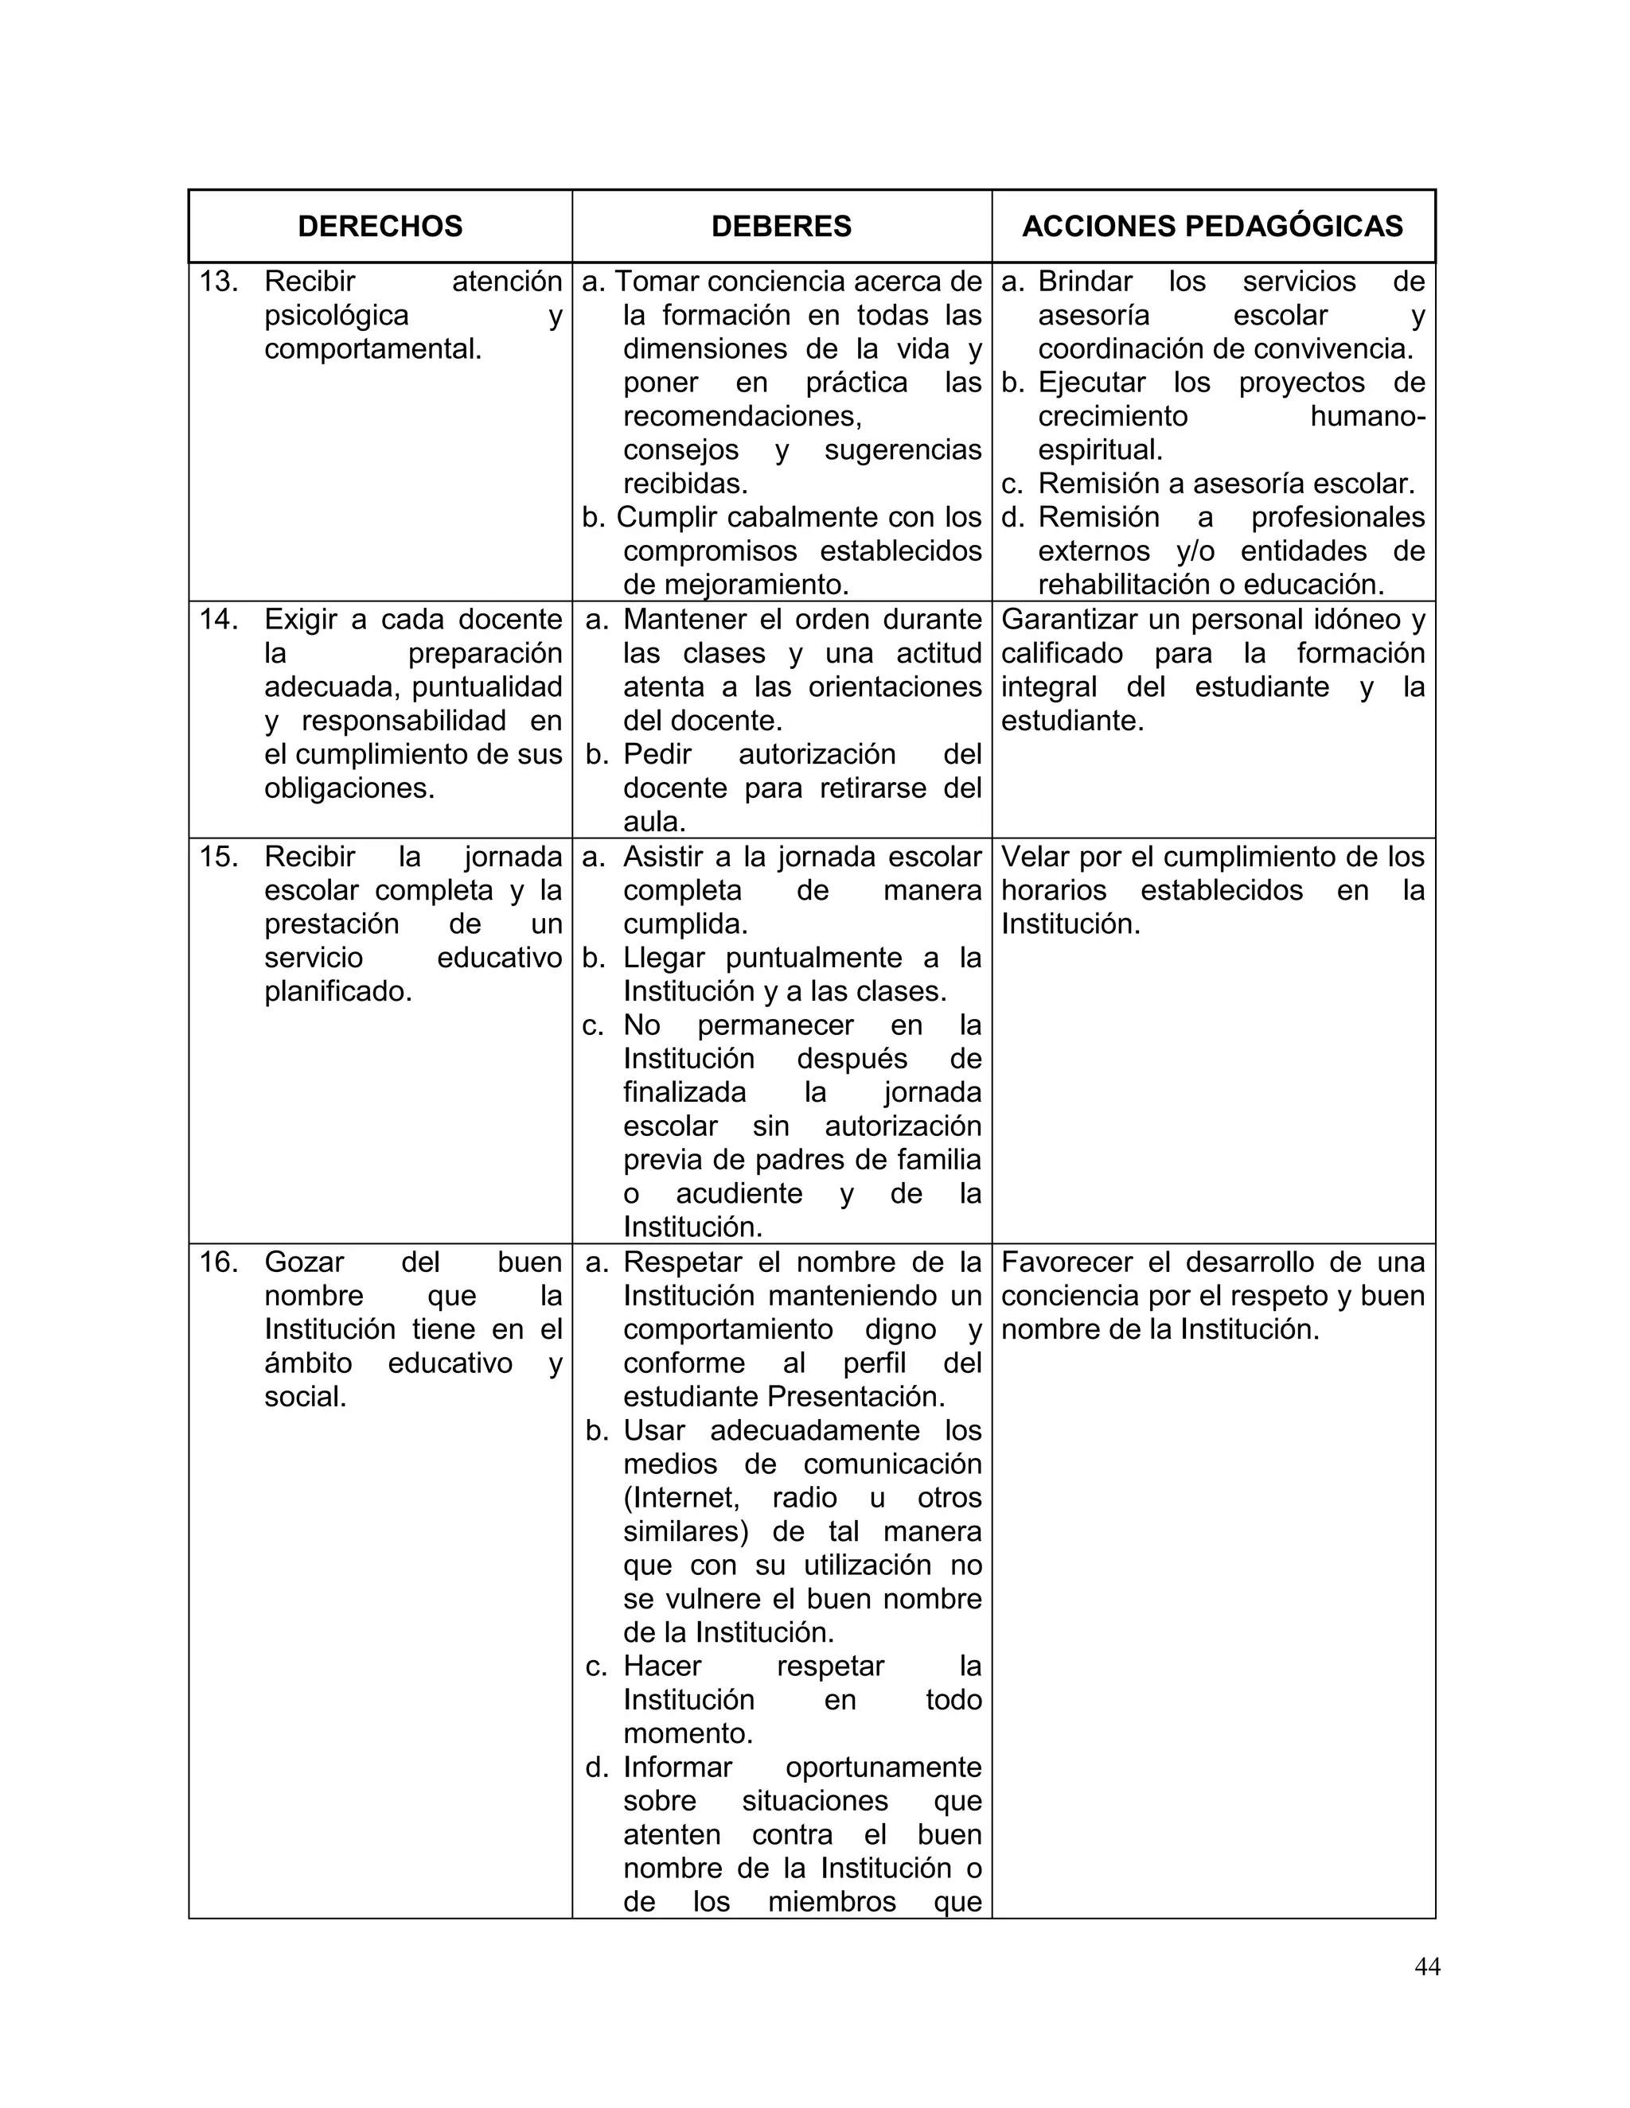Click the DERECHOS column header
380,226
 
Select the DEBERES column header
782,226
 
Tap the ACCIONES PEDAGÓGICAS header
1212,226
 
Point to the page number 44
1426,1966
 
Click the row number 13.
218,282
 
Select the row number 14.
218,620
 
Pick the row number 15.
218,857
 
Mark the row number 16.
218,1262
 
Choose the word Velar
1036,857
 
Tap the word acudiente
739,1194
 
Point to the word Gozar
304,1262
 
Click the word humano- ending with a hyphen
1367,417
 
